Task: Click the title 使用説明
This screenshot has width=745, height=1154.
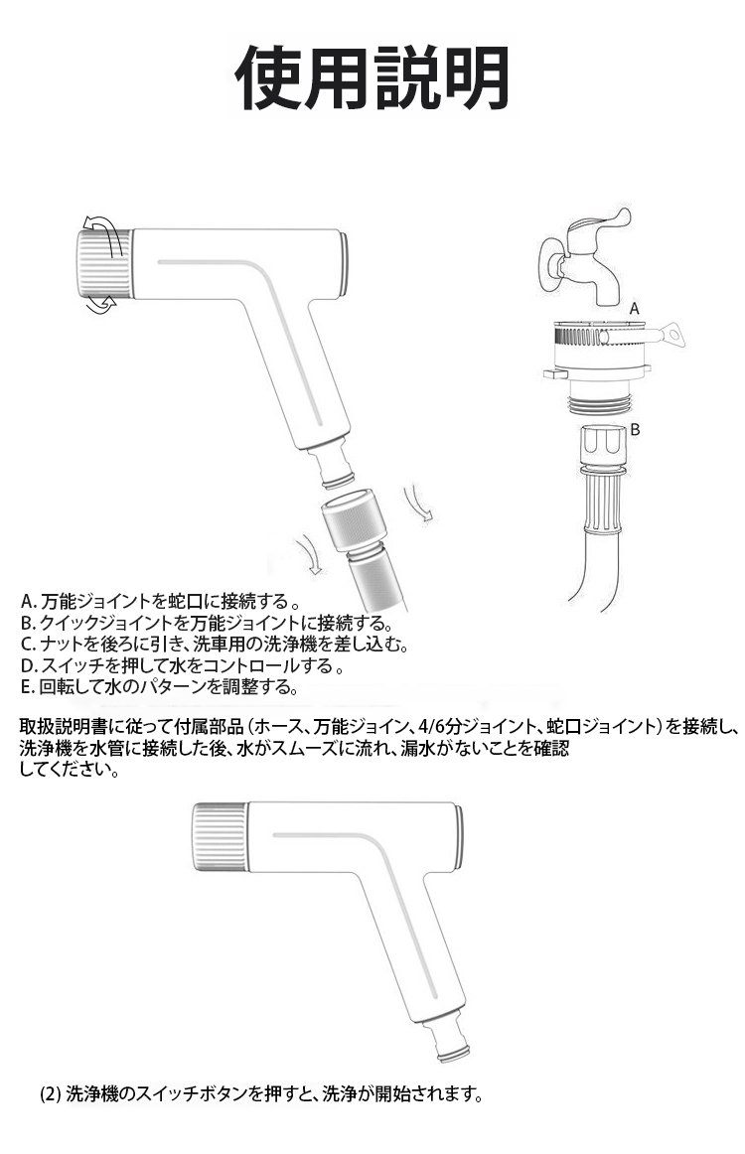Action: (372, 77)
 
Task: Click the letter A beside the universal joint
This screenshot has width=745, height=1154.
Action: (635, 309)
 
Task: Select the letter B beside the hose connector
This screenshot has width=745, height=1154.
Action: (636, 430)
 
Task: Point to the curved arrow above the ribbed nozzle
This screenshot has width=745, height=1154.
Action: (104, 222)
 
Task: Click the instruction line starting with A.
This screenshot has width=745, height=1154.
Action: (159, 602)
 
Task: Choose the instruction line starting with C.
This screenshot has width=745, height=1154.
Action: (214, 645)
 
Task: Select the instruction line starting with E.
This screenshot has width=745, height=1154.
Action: (159, 687)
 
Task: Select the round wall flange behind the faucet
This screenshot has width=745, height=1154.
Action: (548, 266)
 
